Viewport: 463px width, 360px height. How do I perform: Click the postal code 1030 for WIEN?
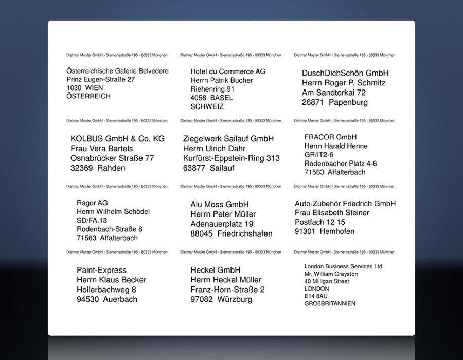(x=74, y=88)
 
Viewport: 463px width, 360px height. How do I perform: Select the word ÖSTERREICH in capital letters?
(x=88, y=96)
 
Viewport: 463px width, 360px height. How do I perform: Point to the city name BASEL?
(x=222, y=98)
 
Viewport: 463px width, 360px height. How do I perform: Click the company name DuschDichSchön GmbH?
(x=345, y=73)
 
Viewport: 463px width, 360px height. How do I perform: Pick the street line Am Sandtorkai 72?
(x=334, y=93)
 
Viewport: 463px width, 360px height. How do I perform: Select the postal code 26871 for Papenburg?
(x=313, y=102)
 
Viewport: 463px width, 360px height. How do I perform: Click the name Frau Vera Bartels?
(x=102, y=149)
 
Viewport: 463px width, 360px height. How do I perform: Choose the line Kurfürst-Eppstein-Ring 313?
(x=232, y=158)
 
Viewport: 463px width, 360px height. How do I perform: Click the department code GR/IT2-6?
(x=319, y=155)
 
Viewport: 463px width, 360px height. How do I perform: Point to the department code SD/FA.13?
(x=92, y=221)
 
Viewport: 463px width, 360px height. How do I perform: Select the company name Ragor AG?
(x=92, y=203)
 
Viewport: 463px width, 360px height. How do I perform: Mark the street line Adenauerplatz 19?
(x=222, y=224)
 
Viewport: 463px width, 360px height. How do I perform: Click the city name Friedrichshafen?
(x=245, y=233)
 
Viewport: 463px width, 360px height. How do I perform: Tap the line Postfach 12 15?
(x=320, y=222)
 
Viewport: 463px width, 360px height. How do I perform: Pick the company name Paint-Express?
(x=101, y=270)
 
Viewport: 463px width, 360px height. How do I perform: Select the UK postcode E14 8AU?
(x=316, y=296)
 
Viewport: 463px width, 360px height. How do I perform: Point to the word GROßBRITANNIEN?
(x=330, y=304)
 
